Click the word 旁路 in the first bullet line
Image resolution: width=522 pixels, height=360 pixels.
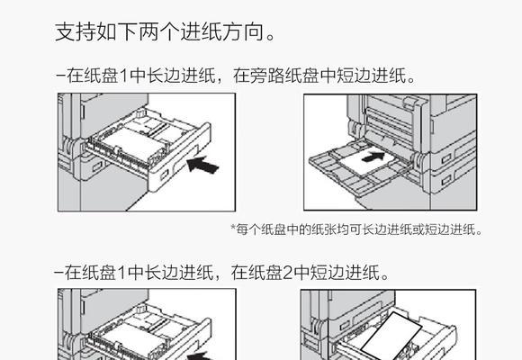[257, 77]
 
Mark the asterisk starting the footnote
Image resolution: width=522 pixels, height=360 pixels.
[233, 229]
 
